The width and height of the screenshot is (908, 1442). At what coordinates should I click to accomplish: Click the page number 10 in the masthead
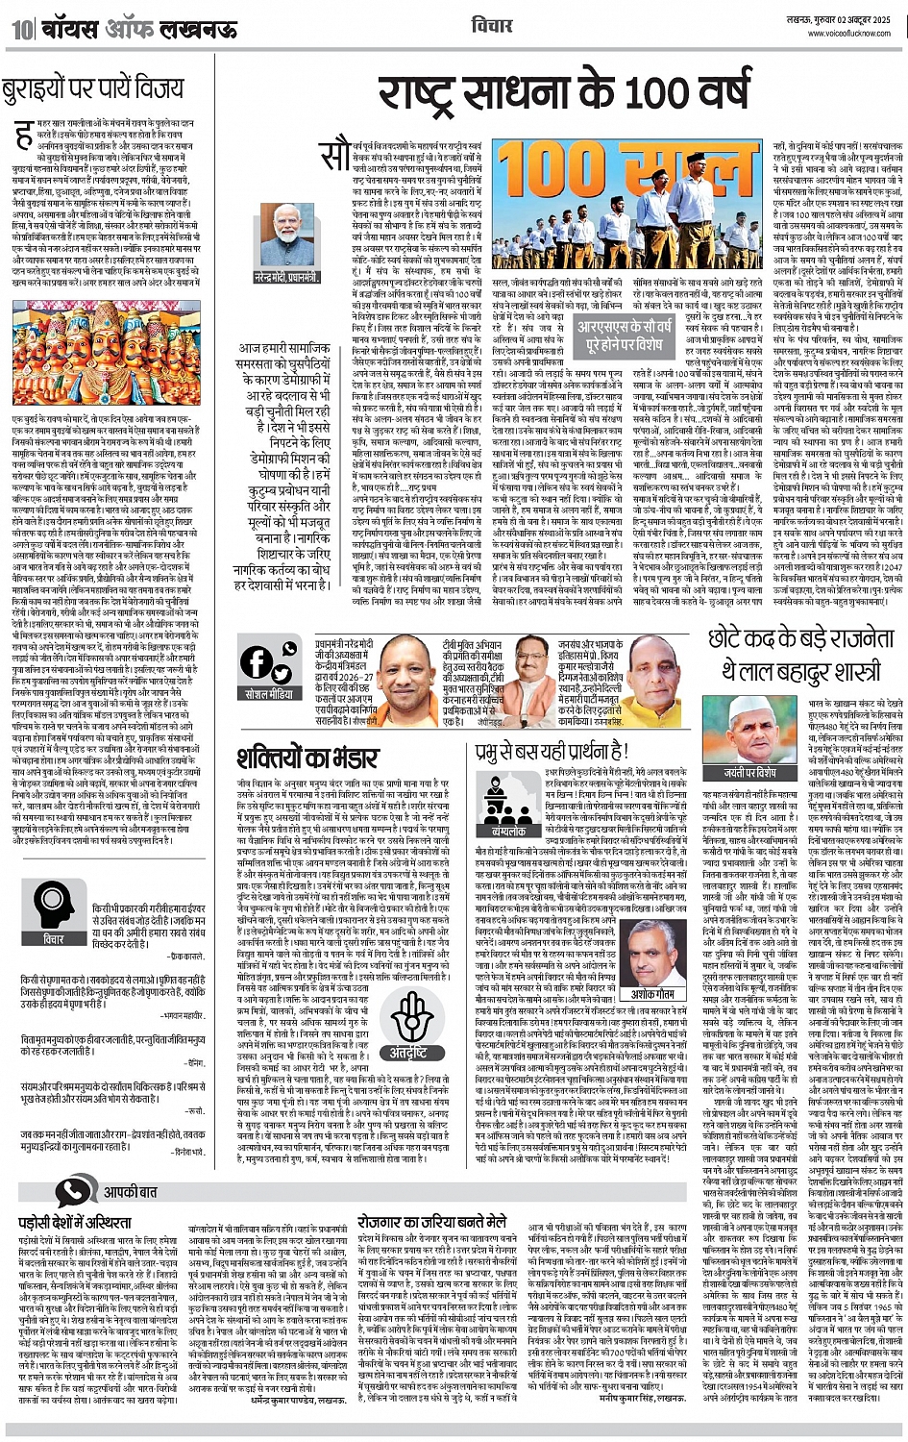click(21, 29)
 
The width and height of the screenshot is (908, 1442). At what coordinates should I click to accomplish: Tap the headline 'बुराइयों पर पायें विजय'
click(92, 89)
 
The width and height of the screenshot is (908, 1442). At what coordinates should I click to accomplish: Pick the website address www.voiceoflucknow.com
click(850, 32)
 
